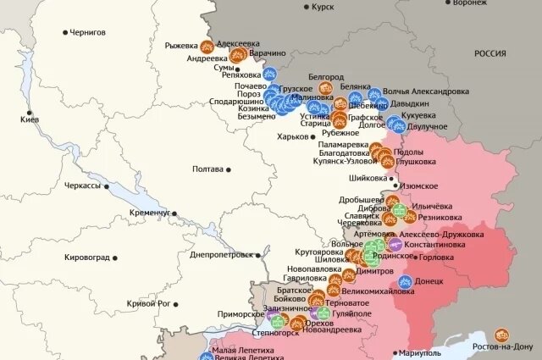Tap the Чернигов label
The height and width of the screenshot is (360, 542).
click(x=88, y=32)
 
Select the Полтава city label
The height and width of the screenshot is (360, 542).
click(x=208, y=169)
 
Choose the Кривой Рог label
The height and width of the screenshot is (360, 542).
click(x=148, y=303)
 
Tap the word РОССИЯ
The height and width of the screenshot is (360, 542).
click(x=489, y=53)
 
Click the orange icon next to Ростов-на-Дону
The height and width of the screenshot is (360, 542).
click(x=501, y=335)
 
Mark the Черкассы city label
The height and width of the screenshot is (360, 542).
click(x=82, y=185)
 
